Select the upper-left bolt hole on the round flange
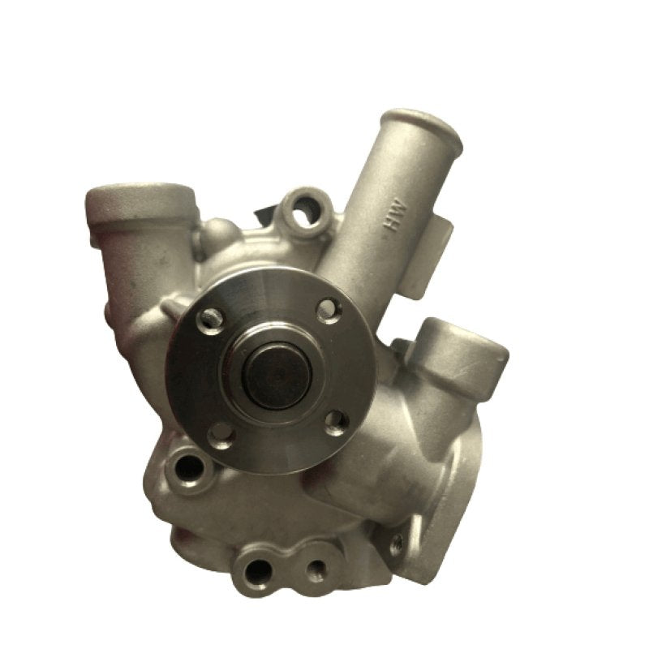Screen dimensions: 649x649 pyautogui.click(x=211, y=318)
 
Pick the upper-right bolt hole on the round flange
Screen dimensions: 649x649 pyautogui.click(x=328, y=310)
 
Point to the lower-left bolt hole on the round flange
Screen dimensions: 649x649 pyautogui.click(x=221, y=433)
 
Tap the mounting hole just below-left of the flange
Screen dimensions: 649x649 pyautogui.click(x=188, y=468)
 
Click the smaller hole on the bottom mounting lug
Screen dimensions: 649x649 pyautogui.click(x=314, y=571)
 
